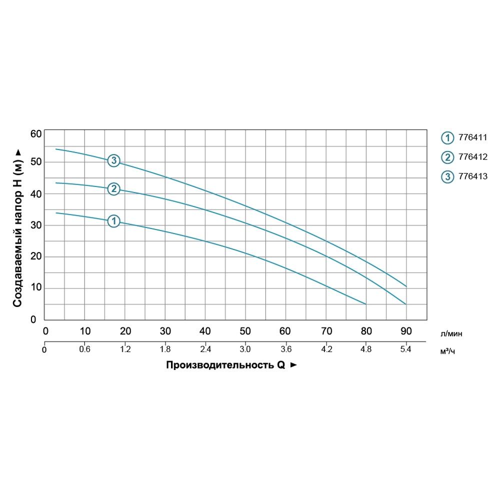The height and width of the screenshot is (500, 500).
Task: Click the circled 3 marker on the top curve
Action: click(114, 160)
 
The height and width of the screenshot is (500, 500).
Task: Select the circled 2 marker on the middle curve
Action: click(114, 189)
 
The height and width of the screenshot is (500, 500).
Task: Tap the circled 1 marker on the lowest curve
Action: click(114, 221)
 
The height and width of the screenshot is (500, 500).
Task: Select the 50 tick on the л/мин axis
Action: click(245, 330)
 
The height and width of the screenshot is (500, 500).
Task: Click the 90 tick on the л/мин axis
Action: click(406, 330)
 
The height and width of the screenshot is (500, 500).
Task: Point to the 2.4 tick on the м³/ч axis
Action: click(205, 349)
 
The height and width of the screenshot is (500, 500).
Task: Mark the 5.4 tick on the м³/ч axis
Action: click(406, 349)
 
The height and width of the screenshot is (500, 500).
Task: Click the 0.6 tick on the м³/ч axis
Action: click(84, 349)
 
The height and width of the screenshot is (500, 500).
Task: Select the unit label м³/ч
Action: click(448, 351)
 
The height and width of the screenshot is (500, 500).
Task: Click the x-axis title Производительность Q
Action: click(225, 365)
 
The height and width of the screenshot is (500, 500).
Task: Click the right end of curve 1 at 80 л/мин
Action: click(366, 304)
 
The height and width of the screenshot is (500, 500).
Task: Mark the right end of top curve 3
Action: click(406, 286)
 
